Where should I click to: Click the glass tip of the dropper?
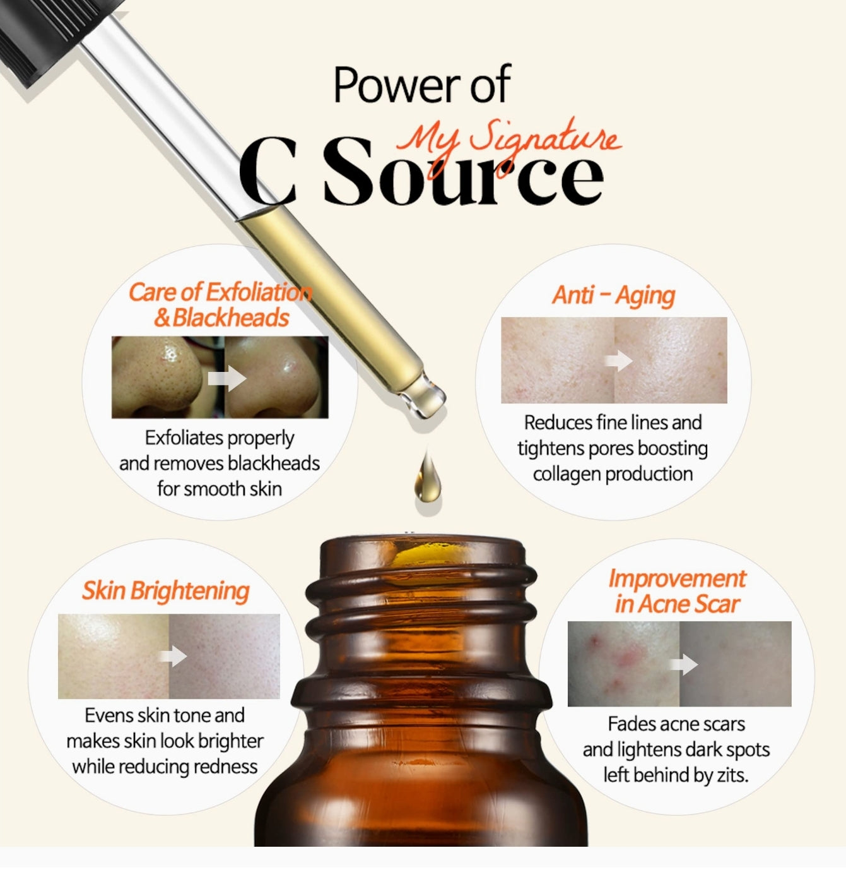pos(426,394)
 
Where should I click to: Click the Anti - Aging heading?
pos(613,295)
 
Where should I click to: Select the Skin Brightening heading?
pos(166,591)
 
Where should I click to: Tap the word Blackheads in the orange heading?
pos(231,318)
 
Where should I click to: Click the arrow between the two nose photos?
pos(226,378)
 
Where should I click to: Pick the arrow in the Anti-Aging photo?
pos(618,361)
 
